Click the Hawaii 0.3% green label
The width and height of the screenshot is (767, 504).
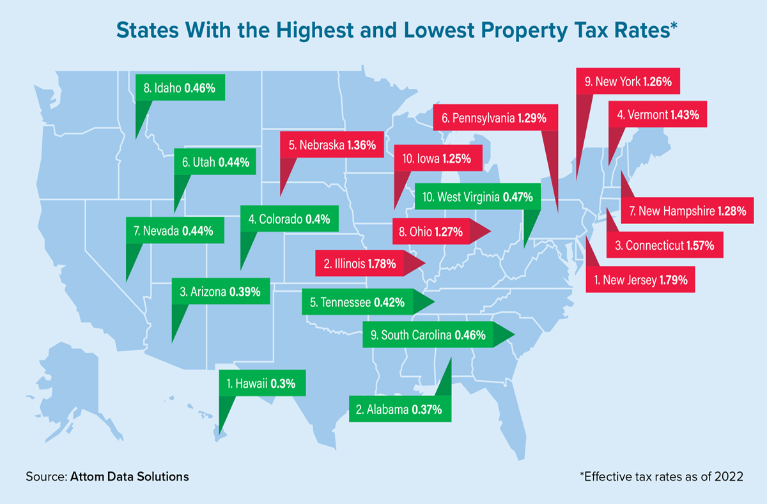(261, 384)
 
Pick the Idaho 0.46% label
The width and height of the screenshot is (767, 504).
(181, 88)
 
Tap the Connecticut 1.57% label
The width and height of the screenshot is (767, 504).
(665, 245)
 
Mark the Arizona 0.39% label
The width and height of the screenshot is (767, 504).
(221, 292)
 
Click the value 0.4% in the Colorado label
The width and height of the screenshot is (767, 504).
(318, 219)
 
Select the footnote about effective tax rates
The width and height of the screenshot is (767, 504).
(661, 477)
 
